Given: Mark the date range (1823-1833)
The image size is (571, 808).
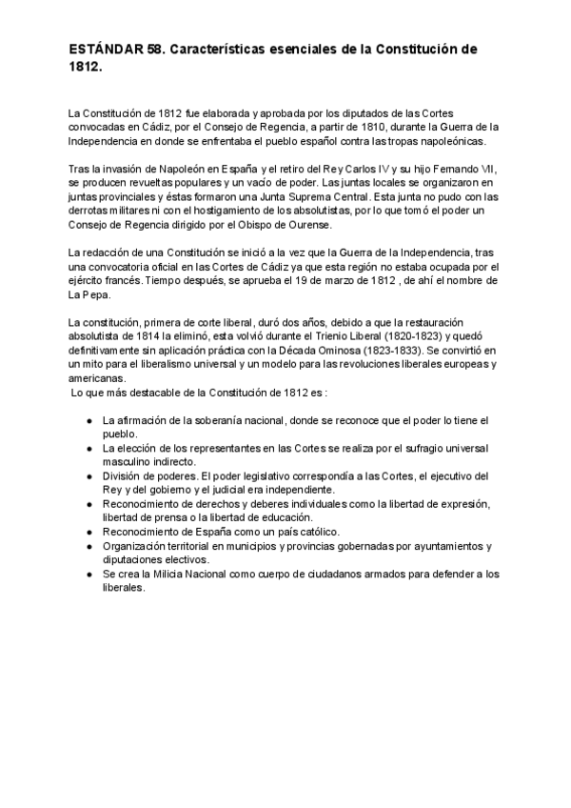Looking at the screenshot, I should (377, 350).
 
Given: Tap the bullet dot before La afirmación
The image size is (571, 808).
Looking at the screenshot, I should (89, 420).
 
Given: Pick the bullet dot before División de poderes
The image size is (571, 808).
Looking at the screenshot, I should (89, 475).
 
